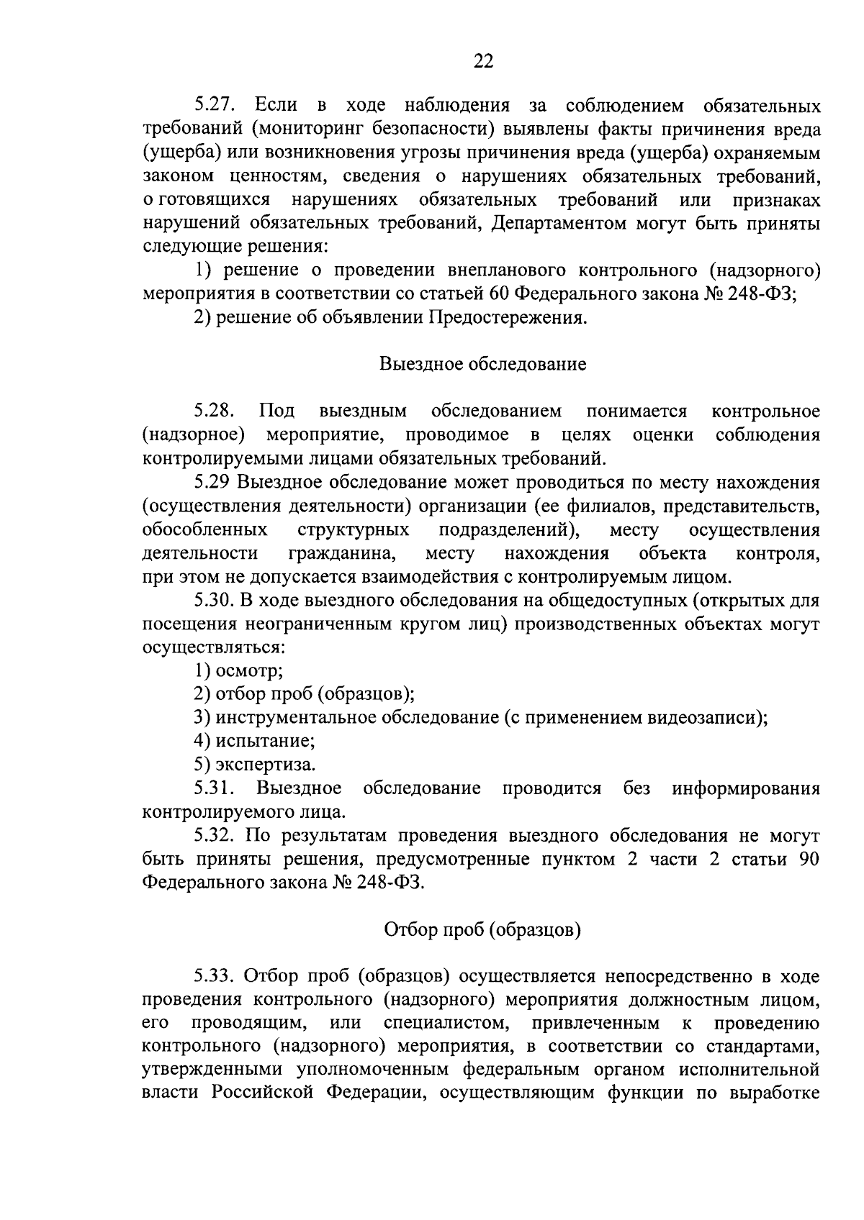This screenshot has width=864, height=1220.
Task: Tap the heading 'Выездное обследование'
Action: [482, 364]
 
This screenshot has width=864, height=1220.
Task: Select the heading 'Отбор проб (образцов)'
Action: [482, 930]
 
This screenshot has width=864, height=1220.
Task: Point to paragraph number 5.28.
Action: [215, 411]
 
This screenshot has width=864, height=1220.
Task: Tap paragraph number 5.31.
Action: [215, 788]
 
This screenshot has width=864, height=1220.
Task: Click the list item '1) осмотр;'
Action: [238, 670]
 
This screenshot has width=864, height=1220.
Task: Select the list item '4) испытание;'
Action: [254, 741]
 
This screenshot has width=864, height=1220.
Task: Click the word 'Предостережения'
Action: [508, 318]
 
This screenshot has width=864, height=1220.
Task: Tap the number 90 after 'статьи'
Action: [809, 860]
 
